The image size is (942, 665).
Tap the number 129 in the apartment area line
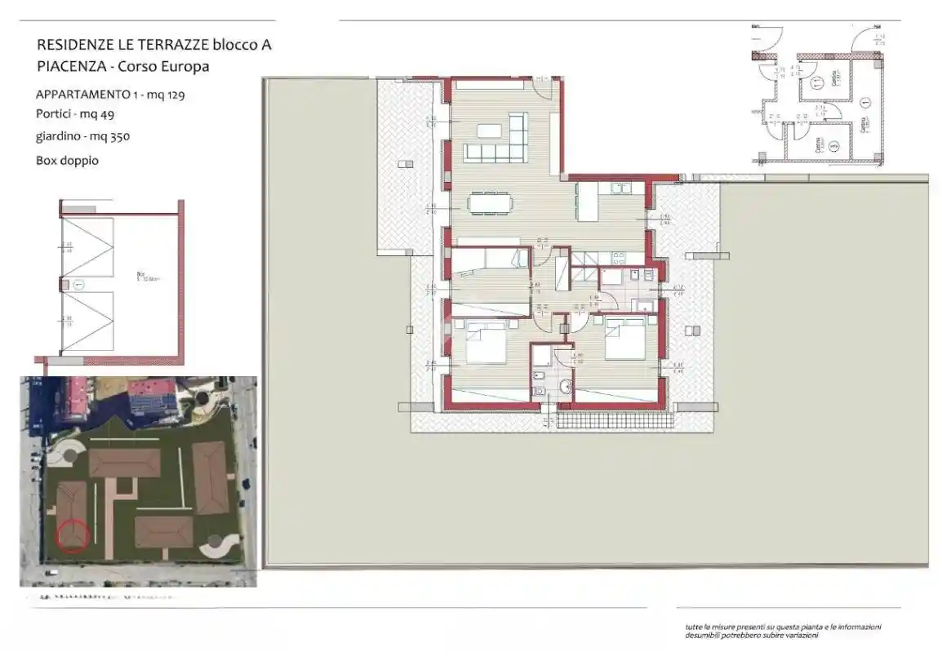173,94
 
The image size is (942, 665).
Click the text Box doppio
68,160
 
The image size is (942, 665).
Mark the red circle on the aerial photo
73,535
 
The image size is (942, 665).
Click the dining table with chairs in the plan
490,202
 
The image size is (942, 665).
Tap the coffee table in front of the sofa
489,130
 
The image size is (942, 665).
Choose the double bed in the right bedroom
625,339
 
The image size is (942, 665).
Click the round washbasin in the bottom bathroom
566,387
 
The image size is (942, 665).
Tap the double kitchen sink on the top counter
620,188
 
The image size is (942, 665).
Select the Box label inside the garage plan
140,275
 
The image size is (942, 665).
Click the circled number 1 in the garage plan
78,285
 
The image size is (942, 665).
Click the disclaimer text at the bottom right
783,631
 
